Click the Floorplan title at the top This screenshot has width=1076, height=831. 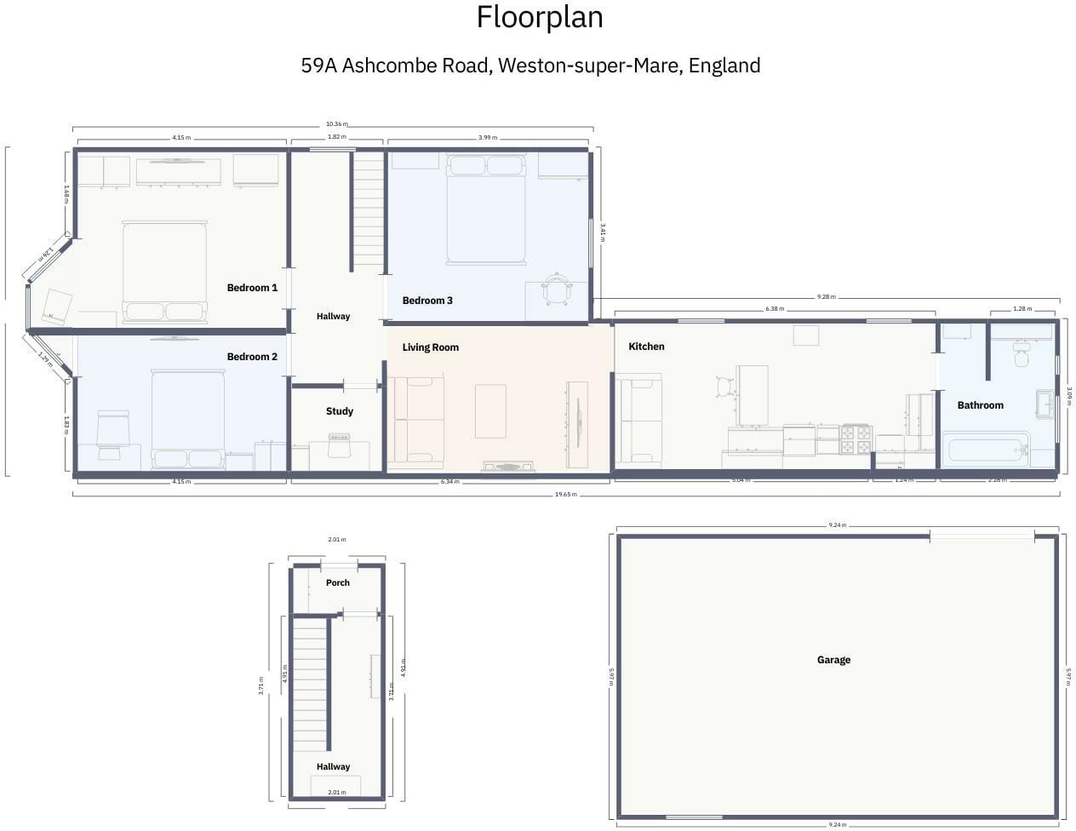coord(539,17)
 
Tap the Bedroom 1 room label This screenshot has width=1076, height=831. coord(252,288)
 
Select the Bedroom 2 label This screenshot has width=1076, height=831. coord(252,357)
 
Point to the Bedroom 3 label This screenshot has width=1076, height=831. coord(427,301)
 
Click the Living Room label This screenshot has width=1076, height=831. coord(430,347)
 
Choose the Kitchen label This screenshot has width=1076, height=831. coord(646,347)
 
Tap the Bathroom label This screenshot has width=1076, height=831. coord(980,405)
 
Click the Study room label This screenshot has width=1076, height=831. coord(339,411)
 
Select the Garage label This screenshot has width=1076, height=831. coord(833,660)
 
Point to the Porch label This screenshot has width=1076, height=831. coord(338,583)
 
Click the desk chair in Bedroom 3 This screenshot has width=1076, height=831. coord(556,289)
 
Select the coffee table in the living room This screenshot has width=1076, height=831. coord(490,411)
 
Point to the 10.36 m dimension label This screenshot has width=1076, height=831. coord(337,124)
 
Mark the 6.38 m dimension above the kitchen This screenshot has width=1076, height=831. coord(775,309)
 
